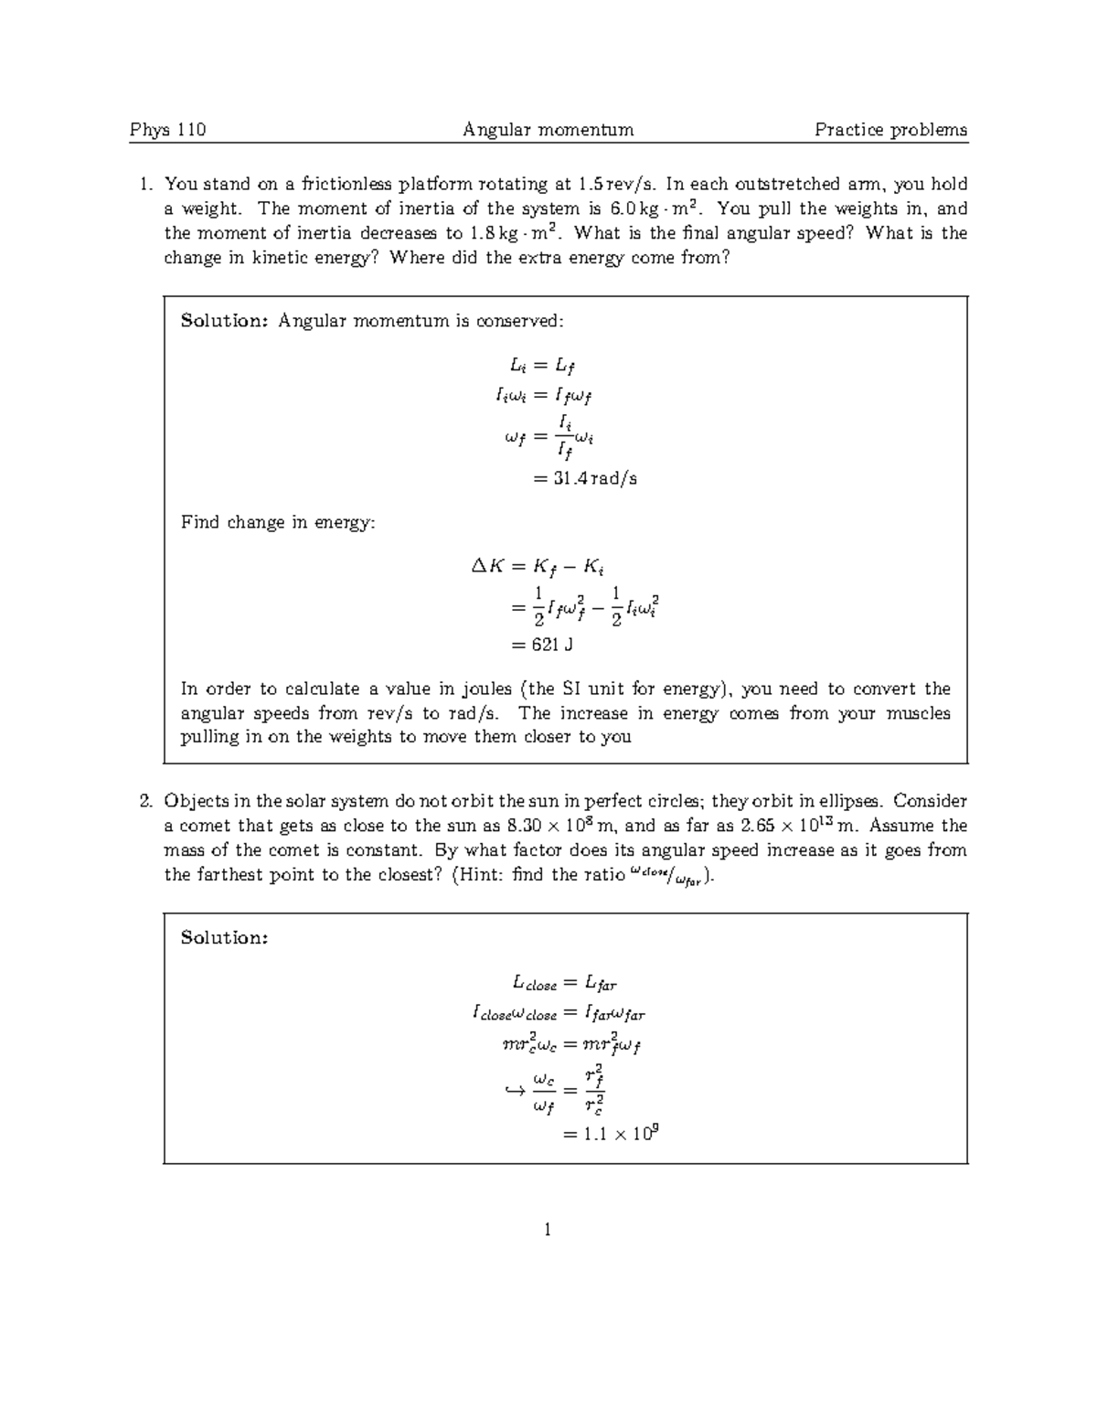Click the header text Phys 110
[x=167, y=130]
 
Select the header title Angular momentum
[x=548, y=130]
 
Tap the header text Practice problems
[x=890, y=130]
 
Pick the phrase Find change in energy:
[x=277, y=523]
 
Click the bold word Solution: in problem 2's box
[x=224, y=938]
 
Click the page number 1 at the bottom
[x=547, y=1230]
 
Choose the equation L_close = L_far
[x=564, y=984]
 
